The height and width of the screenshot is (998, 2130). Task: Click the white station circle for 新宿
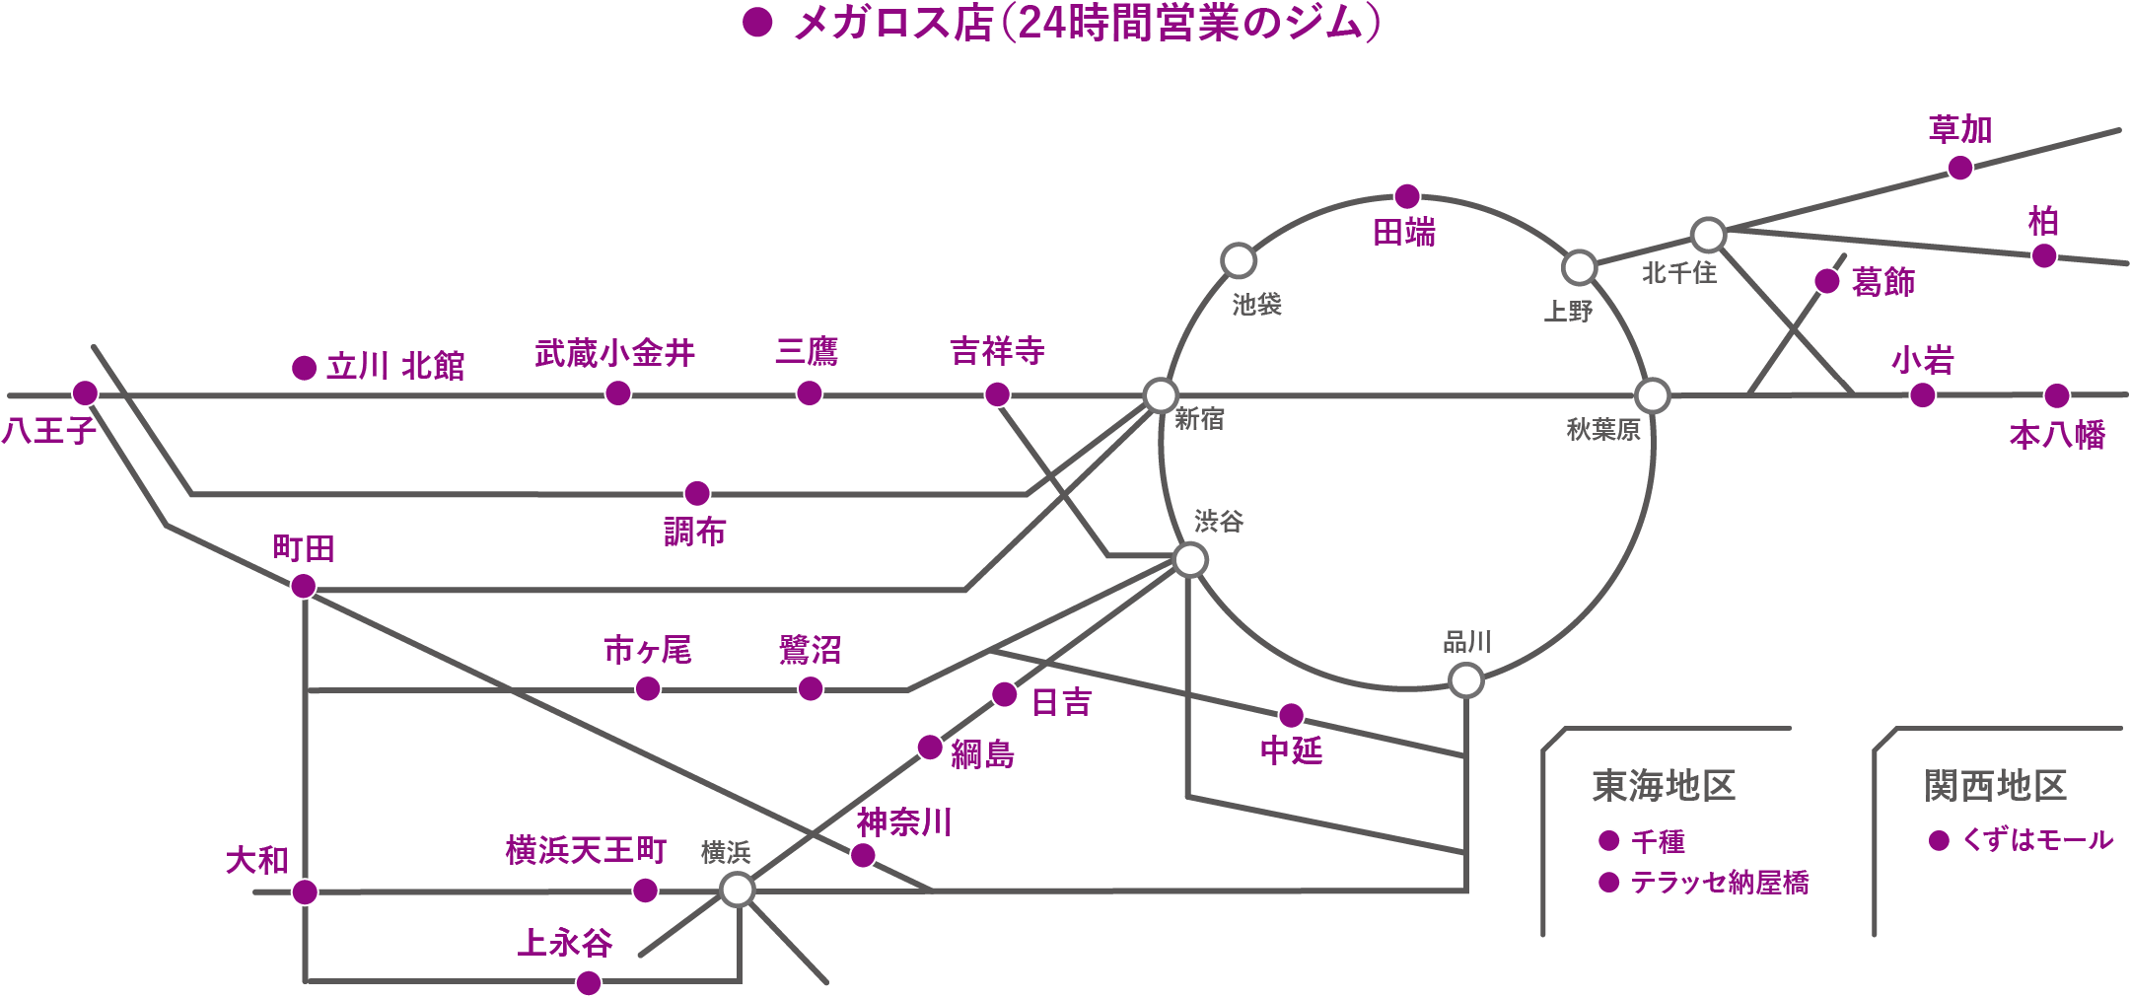(x=1161, y=394)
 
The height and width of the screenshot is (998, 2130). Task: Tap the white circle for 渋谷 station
(x=1190, y=560)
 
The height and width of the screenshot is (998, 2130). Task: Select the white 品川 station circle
(x=1465, y=680)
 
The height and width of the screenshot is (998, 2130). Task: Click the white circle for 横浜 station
(x=738, y=890)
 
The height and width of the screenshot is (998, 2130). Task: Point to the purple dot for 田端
(x=1407, y=195)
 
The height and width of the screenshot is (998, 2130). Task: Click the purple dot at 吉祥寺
(x=997, y=394)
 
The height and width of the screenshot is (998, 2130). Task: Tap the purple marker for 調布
(x=697, y=492)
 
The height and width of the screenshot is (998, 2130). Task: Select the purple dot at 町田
(x=304, y=587)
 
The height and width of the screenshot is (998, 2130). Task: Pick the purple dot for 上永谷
(x=589, y=982)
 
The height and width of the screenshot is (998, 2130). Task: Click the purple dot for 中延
(x=1291, y=715)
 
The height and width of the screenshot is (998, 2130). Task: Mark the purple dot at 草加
(x=1960, y=168)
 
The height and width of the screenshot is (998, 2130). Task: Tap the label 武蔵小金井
(x=615, y=353)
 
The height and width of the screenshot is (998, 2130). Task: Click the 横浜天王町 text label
(x=586, y=850)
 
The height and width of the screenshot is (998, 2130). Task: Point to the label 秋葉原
(x=1603, y=430)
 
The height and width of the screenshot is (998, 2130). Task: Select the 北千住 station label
(x=1679, y=273)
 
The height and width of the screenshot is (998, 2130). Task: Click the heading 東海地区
(x=1664, y=786)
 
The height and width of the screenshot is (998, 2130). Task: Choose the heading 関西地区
(x=1995, y=786)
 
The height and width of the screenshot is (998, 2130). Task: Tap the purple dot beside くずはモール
(x=1939, y=840)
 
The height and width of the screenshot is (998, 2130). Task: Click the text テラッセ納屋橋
(x=1720, y=882)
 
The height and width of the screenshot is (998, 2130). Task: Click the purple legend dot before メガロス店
(x=757, y=23)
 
